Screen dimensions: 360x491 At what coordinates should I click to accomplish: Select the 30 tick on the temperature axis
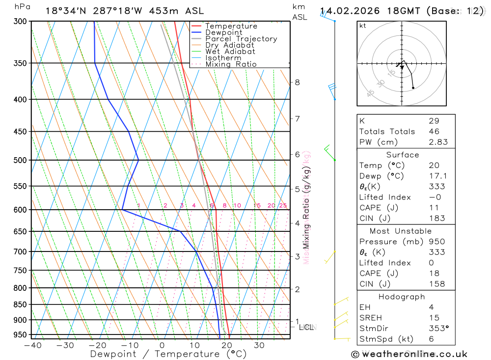coord(259,345)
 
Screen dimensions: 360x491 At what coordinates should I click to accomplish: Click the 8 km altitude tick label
coord(297,83)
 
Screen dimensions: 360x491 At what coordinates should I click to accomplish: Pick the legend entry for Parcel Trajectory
coord(241,39)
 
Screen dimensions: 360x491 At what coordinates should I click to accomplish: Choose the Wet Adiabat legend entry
coord(230,52)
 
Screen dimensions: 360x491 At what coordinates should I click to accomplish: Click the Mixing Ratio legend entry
coord(231,64)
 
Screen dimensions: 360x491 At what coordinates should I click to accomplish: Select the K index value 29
coord(434,121)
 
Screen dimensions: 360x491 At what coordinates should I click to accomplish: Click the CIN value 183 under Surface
coord(436,219)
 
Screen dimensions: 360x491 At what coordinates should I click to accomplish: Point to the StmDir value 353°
coord(438,329)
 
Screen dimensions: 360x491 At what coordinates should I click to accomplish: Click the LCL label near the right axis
coord(306,327)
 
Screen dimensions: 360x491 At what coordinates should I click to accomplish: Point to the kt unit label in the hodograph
coord(363,26)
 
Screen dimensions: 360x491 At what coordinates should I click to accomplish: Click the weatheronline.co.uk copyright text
coord(409,354)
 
